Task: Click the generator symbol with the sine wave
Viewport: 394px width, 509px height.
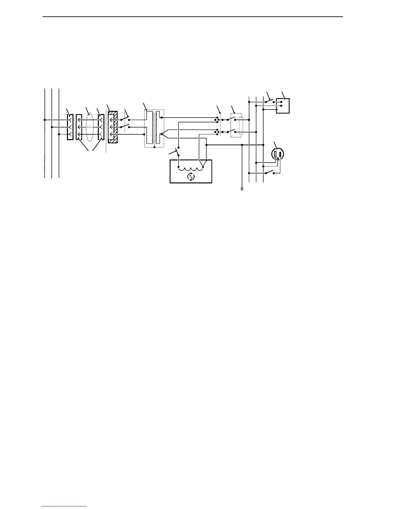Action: point(191,176)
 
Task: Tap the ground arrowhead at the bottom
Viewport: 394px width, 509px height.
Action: point(242,189)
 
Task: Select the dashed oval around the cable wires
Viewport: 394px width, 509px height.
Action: point(90,127)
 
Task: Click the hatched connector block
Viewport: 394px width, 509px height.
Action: point(113,127)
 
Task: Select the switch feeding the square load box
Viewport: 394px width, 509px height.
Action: point(269,100)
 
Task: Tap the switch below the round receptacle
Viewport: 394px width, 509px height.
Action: point(270,172)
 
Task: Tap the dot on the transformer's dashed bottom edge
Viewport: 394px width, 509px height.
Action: point(155,147)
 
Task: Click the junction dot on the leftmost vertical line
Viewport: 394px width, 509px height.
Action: point(44,120)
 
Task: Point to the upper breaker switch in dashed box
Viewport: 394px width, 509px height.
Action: point(231,119)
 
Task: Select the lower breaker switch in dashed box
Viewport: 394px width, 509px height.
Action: point(231,131)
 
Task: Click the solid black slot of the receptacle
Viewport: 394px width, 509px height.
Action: point(281,155)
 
